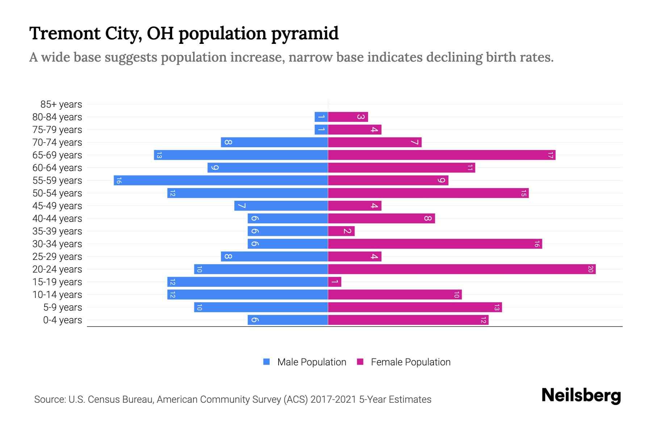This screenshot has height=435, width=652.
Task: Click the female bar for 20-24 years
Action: [x=462, y=269]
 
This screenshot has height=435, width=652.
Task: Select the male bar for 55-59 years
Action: [x=221, y=181]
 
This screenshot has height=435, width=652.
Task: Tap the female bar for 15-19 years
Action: [x=335, y=282]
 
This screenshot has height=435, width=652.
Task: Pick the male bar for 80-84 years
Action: [x=321, y=117]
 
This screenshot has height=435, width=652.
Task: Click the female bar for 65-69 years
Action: [x=442, y=155]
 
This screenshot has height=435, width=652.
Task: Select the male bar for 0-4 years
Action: [x=288, y=320]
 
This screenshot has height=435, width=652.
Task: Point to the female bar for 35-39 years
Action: [x=341, y=231]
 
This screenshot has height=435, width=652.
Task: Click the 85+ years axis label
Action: [x=61, y=104]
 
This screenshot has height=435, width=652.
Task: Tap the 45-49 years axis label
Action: [x=57, y=206]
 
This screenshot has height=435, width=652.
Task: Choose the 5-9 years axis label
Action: [x=62, y=307]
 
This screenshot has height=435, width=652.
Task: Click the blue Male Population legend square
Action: [x=267, y=362]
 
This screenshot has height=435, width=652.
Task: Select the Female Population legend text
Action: [x=410, y=362]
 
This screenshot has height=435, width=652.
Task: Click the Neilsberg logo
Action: [x=581, y=395]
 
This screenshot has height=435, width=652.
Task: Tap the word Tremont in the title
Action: [x=65, y=34]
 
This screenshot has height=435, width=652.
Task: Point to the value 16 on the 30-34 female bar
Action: [x=537, y=244]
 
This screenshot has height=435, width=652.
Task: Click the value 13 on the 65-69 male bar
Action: [x=159, y=155]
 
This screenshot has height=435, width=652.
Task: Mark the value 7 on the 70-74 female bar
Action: [x=415, y=142]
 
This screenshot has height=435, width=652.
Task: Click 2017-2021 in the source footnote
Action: [x=333, y=399]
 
